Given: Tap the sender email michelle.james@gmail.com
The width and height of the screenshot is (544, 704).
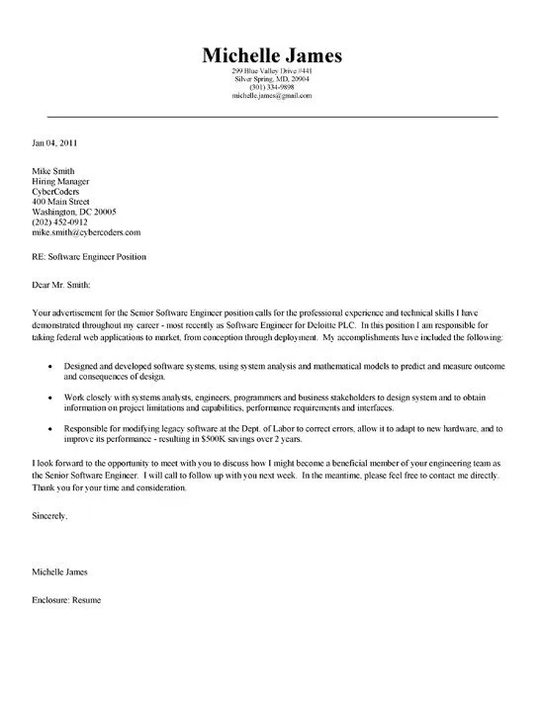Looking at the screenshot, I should (271, 96).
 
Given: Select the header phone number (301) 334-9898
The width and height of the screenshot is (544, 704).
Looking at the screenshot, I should (271, 88).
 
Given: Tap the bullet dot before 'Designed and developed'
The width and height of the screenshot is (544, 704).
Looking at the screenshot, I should (50, 366).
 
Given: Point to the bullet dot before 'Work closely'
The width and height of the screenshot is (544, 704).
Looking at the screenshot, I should (50, 396).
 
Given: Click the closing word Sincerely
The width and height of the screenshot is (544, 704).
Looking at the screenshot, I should (50, 517).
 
